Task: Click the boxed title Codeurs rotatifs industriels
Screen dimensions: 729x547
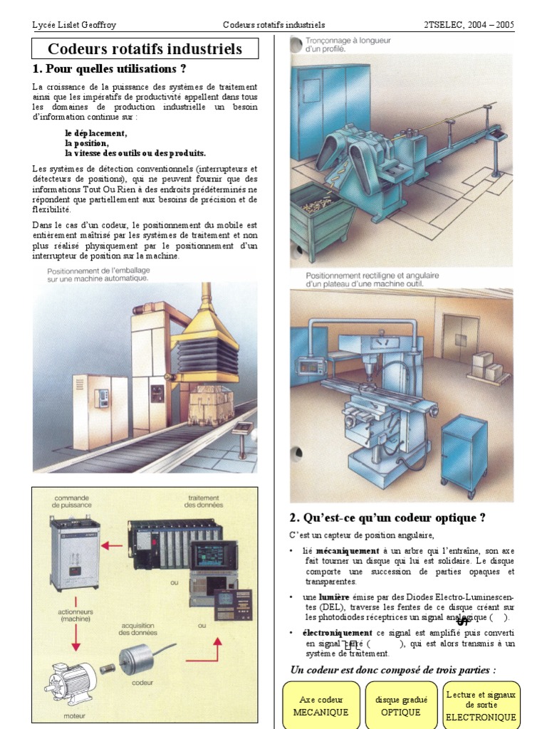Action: coord(145,49)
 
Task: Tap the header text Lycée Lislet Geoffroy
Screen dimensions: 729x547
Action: coord(75,25)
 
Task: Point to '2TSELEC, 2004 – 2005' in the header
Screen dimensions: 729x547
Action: coord(469,25)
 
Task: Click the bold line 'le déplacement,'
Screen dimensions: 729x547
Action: coord(96,133)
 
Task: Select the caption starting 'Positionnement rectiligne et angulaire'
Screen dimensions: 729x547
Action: coord(372,279)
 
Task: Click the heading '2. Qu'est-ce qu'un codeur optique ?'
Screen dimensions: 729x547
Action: coord(387,518)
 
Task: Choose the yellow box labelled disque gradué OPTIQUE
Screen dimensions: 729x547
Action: coord(401,706)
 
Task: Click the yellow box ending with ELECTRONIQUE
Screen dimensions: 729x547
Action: coord(481,706)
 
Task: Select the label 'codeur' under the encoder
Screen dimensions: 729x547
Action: coord(142,681)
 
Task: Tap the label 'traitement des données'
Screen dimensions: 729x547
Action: coord(203,501)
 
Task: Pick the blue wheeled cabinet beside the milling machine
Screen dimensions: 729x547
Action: coord(464,456)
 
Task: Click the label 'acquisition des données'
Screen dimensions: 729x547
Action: coord(138,628)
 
